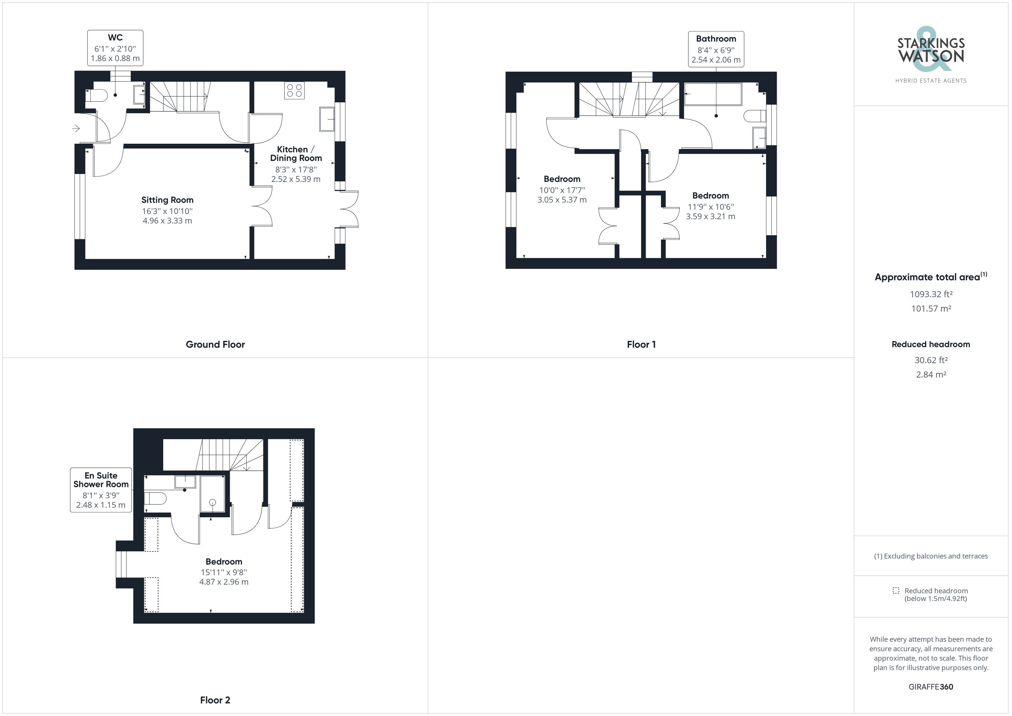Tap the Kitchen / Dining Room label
[x=296, y=153]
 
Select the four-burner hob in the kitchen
[x=294, y=90]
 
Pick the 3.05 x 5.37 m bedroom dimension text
[x=562, y=200]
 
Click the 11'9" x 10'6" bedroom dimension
[x=711, y=207]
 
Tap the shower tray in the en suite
[x=213, y=494]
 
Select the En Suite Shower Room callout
[x=101, y=490]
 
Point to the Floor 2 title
[x=215, y=700]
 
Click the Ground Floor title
[x=215, y=344]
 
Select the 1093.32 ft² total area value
[x=931, y=294]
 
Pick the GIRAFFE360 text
[x=931, y=686]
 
